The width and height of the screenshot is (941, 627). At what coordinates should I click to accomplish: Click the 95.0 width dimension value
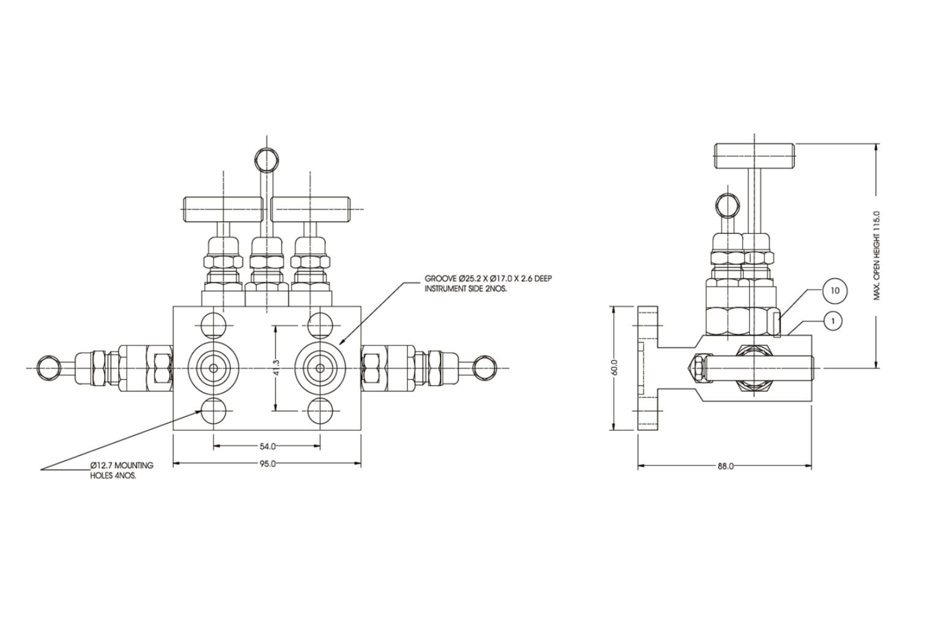[x=266, y=464]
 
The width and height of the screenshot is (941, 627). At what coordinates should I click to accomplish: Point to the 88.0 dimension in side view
[x=725, y=466]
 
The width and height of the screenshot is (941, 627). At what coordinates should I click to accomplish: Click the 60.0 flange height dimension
[x=614, y=368]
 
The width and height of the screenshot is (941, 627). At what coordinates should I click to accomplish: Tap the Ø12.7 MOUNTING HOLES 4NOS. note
[x=121, y=470]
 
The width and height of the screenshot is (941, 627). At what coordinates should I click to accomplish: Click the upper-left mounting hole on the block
[x=213, y=325]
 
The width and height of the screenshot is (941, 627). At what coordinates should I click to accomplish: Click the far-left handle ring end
[x=48, y=367]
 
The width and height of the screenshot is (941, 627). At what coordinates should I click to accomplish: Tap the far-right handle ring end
[x=484, y=367]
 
